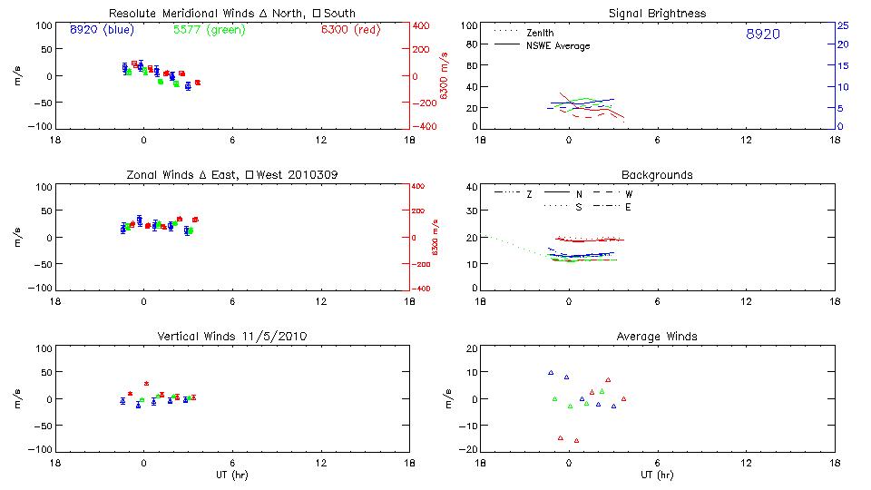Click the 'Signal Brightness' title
[657, 14]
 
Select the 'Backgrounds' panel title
[657, 174]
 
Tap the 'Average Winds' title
[657, 336]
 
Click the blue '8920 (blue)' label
[103, 29]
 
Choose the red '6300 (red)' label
[350, 29]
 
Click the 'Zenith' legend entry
[541, 33]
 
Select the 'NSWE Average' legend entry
[558, 45]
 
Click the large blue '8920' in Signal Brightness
[762, 34]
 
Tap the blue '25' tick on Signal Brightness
[843, 24]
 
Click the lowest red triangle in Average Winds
[576, 440]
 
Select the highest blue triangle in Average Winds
[551, 372]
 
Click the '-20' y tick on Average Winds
[468, 450]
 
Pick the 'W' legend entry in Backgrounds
[628, 194]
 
